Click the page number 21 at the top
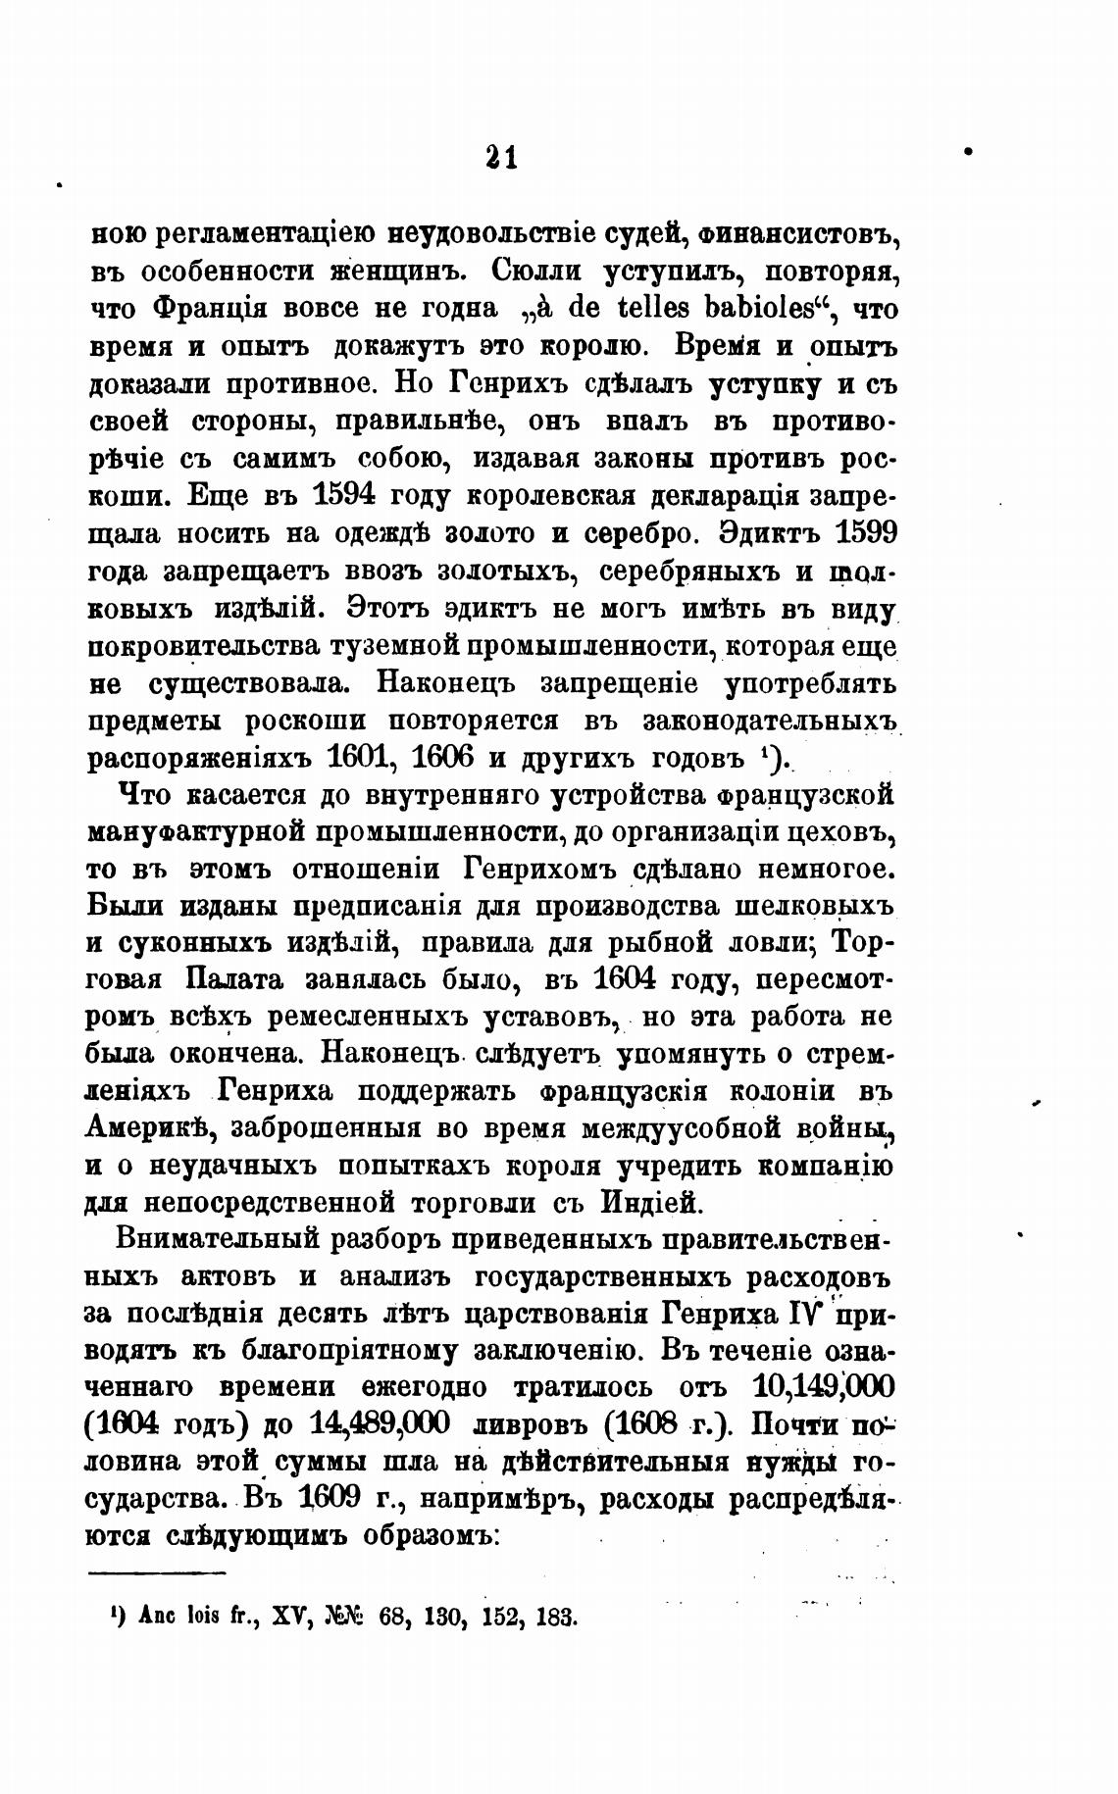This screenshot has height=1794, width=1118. click(x=500, y=157)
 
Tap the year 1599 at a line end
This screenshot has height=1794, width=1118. click(x=865, y=533)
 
